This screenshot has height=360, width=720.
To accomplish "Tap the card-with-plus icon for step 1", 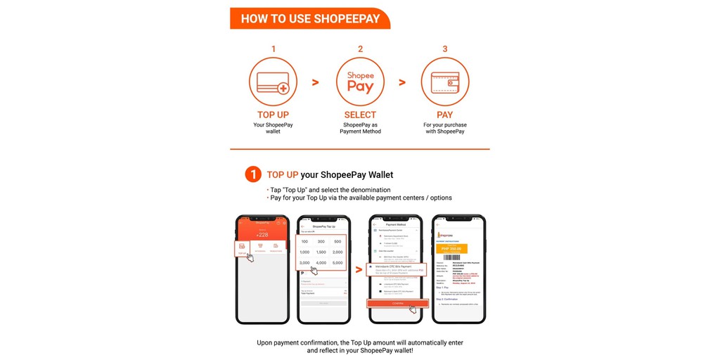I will [273, 82].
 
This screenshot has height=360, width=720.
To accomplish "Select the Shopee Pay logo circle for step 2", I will [360, 82].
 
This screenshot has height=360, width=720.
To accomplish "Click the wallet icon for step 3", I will [445, 82].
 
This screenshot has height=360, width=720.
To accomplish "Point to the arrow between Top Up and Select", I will [316, 82].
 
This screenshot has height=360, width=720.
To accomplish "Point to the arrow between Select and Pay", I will [402, 82].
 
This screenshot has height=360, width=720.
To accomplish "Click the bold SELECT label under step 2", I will [360, 115].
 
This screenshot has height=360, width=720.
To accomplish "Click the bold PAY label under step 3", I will [445, 115].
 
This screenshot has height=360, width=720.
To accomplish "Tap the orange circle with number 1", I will [253, 174].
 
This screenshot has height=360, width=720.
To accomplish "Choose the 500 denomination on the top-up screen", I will [337, 242].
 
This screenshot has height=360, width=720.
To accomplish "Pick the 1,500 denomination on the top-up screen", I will [321, 252].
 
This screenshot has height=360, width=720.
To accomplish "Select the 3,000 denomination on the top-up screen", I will [304, 263].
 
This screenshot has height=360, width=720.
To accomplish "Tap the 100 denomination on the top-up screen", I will [304, 242].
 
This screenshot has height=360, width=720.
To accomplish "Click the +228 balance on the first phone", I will [262, 235].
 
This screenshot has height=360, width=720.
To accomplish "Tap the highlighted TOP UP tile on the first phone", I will [243, 247].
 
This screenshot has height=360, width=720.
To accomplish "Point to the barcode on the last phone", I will [458, 259].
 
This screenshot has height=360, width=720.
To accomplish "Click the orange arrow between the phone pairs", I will [359, 269].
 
